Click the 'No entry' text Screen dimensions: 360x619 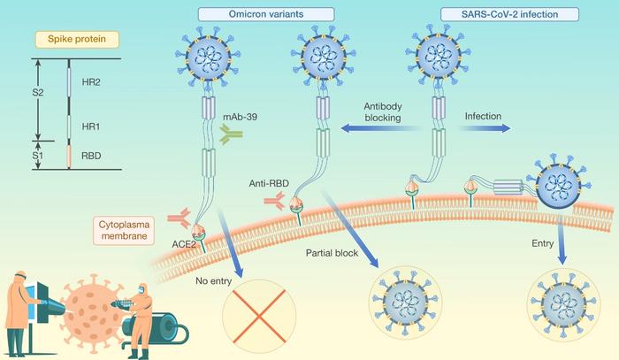214,284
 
